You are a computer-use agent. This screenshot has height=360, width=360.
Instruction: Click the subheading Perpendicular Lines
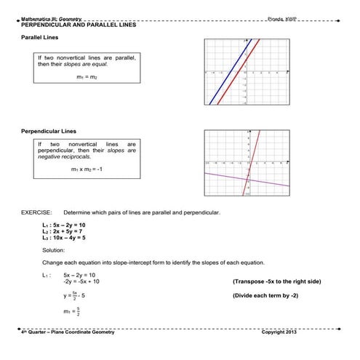coord(49,132)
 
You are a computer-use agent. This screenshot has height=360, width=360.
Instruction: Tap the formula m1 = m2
coord(87,76)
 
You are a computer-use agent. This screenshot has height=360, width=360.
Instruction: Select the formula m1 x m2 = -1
coord(87,169)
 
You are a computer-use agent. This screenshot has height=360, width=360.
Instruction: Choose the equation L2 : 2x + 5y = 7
coord(64,231)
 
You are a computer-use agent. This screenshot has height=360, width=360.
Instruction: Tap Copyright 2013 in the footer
coord(279,332)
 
